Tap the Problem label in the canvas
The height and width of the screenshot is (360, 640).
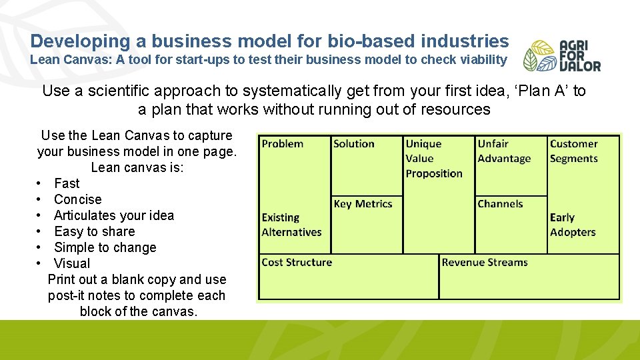pyautogui.click(x=282, y=144)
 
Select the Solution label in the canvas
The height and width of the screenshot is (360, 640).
pyautogui.click(x=353, y=144)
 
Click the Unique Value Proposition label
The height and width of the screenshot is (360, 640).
pyautogui.click(x=433, y=159)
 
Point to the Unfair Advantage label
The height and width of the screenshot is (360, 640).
pyautogui.click(x=504, y=151)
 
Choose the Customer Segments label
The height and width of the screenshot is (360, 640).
pyautogui.click(x=573, y=151)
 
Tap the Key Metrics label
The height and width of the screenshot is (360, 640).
pyautogui.click(x=363, y=204)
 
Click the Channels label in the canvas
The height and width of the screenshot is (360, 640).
pyautogui.click(x=500, y=204)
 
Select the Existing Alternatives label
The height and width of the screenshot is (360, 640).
pyautogui.click(x=291, y=225)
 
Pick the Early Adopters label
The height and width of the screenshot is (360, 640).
pyautogui.click(x=573, y=225)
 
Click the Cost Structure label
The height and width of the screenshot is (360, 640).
pyautogui.click(x=297, y=263)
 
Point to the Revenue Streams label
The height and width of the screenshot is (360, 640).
pyautogui.click(x=485, y=263)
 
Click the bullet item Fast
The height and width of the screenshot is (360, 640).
pyautogui.click(x=67, y=183)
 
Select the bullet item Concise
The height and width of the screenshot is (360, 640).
pyautogui.click(x=78, y=199)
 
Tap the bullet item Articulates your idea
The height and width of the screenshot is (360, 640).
pyautogui.click(x=114, y=215)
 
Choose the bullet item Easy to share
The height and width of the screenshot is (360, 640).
pyautogui.click(x=95, y=231)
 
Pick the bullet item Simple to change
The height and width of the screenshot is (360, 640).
pyautogui.click(x=105, y=247)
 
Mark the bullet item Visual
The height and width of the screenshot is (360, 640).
pyautogui.click(x=72, y=263)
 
